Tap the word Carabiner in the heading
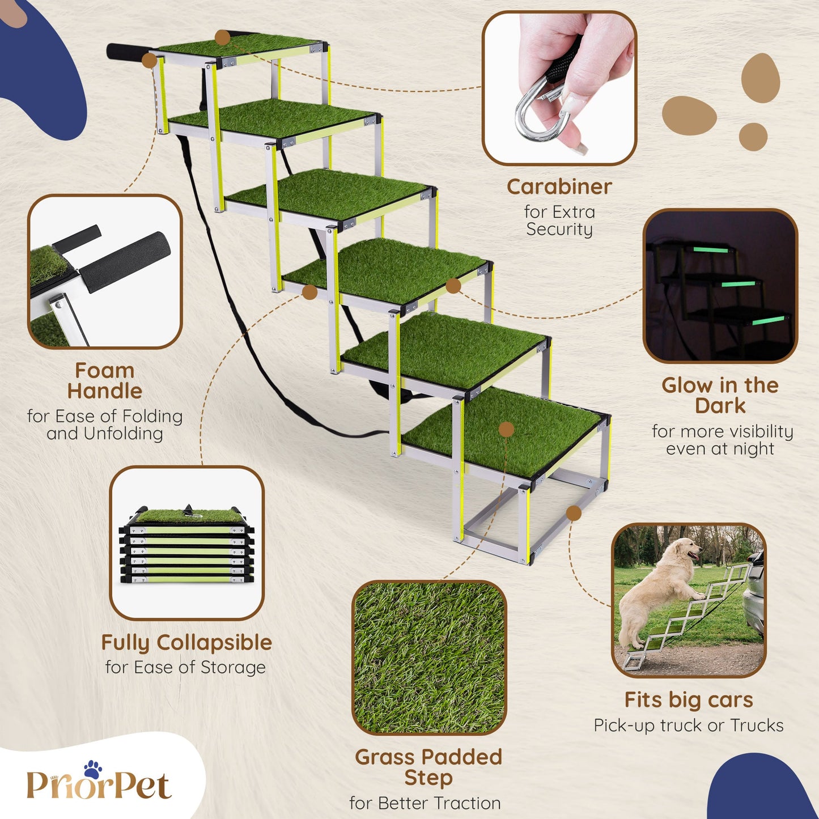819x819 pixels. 559,187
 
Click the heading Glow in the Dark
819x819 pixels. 720,396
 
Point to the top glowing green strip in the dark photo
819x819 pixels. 711,250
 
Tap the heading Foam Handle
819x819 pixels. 104,381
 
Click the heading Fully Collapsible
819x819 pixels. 186,642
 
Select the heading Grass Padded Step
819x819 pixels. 428,768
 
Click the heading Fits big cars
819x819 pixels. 689,699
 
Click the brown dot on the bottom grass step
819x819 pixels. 506,429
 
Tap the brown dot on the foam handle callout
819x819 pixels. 149,60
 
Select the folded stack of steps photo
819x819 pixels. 187,543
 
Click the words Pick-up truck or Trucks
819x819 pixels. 689,725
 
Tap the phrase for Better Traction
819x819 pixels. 425,803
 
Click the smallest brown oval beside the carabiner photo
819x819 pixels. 753,137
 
